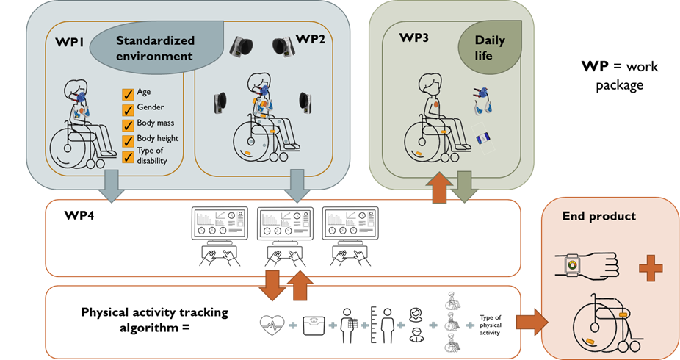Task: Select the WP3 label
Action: (413, 39)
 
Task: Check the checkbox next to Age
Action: (127, 93)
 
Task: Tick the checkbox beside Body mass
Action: (127, 123)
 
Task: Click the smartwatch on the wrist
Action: (570, 264)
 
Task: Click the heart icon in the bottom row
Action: (272, 323)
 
